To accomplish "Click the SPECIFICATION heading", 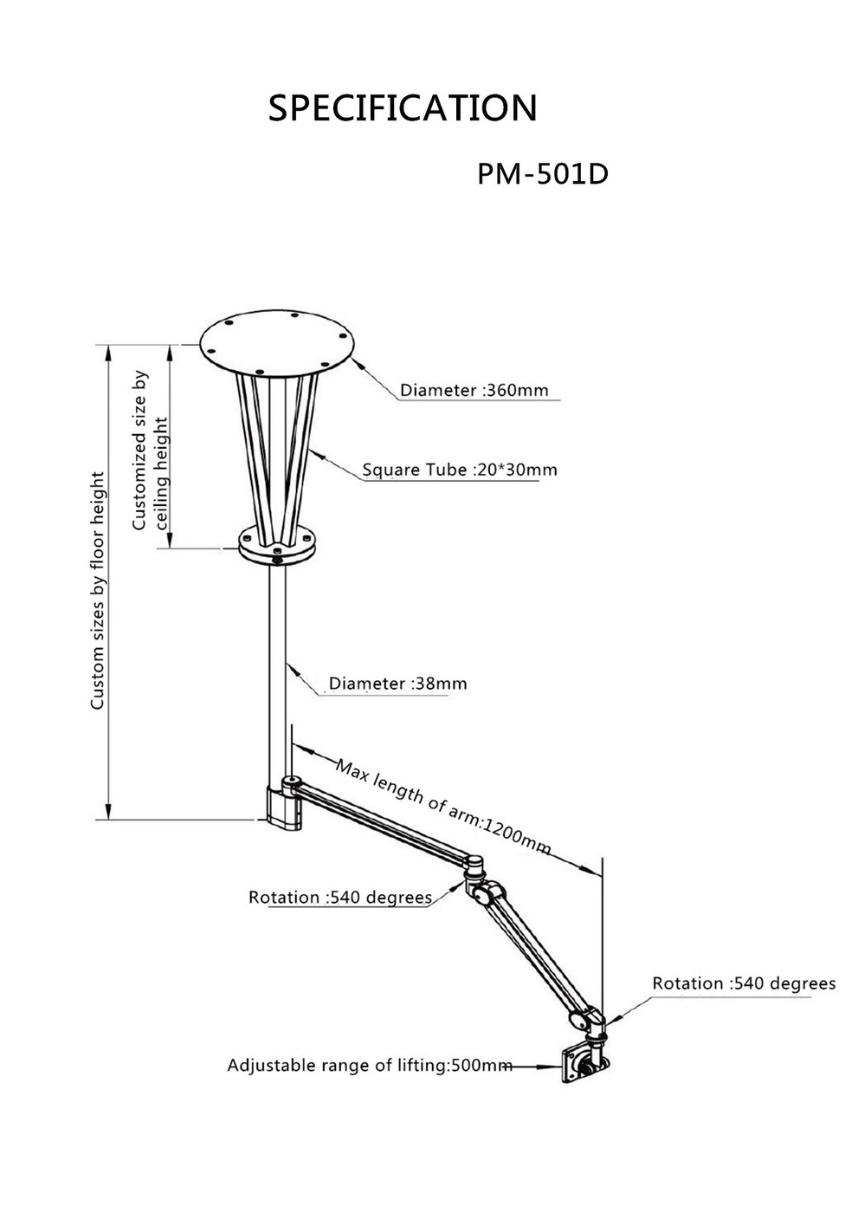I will coord(403,108).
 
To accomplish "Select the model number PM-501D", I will coord(543,174).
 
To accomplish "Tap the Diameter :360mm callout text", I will coord(474,390).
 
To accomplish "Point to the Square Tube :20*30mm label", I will coord(460,470).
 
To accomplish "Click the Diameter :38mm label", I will coord(397,683).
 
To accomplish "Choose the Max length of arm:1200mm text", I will coord(442,807).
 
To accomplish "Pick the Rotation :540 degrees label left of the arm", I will coord(340,897).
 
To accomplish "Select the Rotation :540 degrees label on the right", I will coord(744,983).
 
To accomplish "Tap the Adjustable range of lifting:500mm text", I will coord(369,1065).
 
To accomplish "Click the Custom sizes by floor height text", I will coord(98,591).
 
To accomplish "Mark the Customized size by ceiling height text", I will coord(150,451).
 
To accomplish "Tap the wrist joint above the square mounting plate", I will coord(594,1022).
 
